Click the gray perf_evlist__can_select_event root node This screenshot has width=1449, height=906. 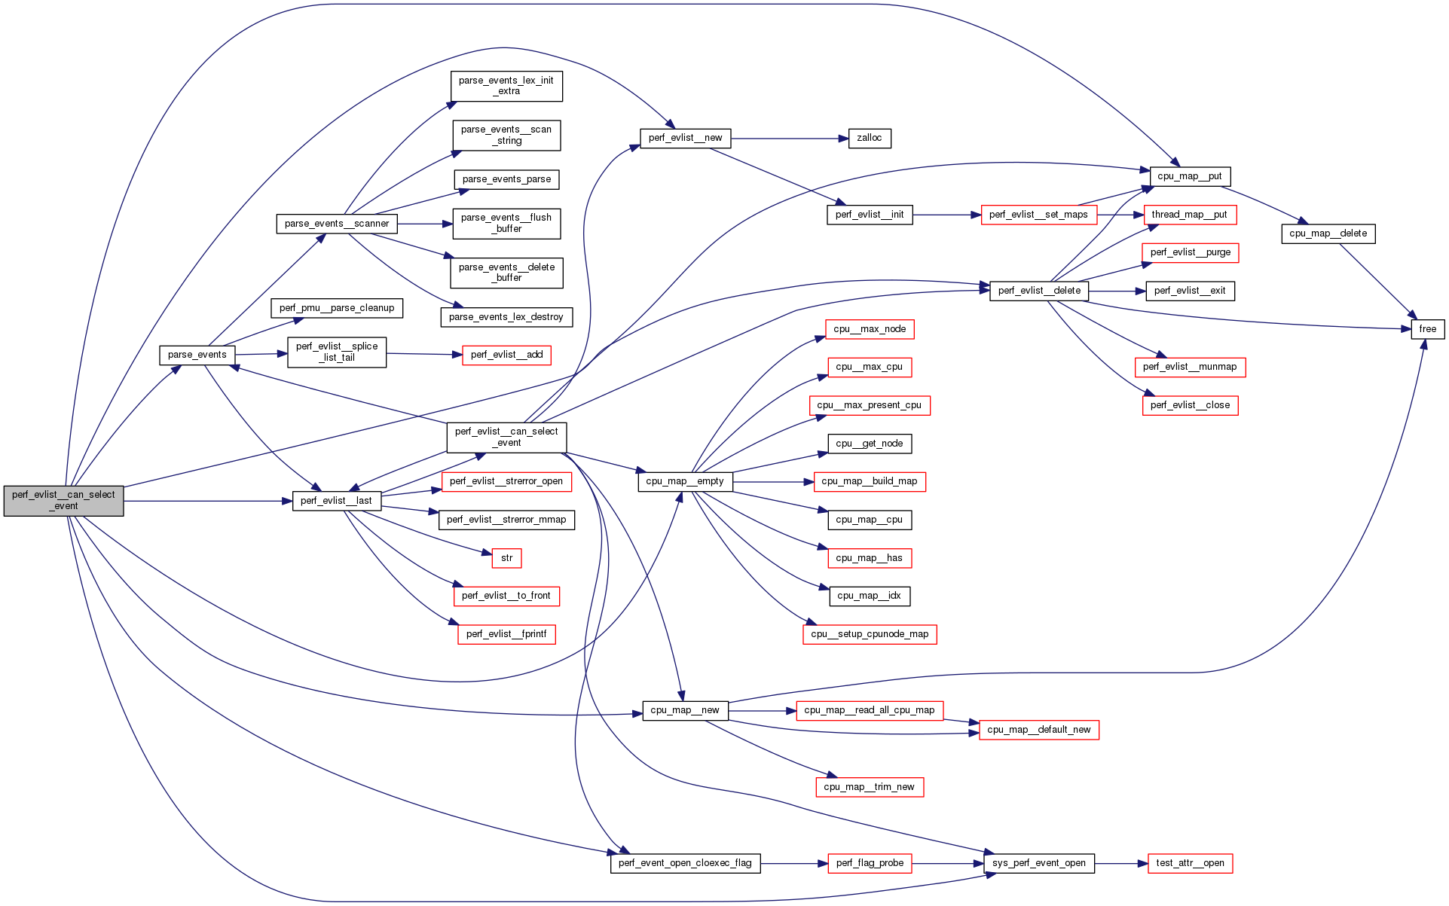click(63, 501)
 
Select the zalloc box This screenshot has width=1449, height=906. click(869, 139)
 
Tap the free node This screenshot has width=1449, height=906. click(1427, 329)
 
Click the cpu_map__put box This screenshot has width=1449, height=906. click(1189, 176)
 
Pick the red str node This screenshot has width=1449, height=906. click(506, 558)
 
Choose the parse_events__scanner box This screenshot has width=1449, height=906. click(337, 224)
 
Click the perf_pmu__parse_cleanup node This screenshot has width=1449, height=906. click(337, 308)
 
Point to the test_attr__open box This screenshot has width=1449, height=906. click(1190, 863)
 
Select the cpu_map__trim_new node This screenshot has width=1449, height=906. click(869, 787)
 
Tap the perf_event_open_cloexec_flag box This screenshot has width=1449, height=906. click(685, 863)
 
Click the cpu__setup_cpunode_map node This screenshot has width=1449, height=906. click(870, 634)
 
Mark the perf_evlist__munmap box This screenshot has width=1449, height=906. click(1190, 367)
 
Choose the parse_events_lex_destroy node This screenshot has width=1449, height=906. click(506, 317)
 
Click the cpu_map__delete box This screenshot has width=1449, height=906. click(1328, 233)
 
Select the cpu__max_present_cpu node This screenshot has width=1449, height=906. click(870, 405)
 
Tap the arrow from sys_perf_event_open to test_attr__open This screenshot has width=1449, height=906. click(1120, 864)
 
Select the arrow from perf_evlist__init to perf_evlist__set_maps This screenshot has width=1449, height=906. click(946, 215)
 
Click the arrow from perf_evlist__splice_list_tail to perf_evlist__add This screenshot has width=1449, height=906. click(423, 354)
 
